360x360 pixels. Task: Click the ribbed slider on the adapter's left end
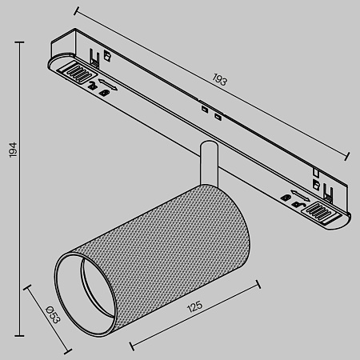click(x=77, y=73)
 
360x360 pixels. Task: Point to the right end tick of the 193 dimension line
click(x=350, y=157)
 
